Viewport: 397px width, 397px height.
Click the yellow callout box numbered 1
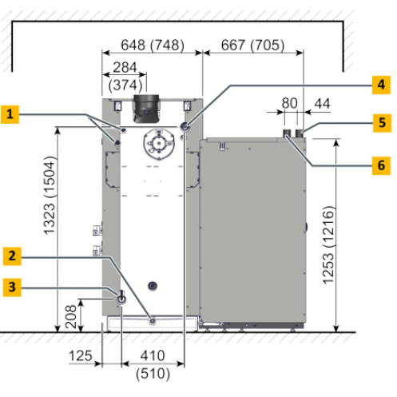pyautogui.click(x=10, y=114)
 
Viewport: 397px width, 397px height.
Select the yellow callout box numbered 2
pyautogui.click(x=12, y=256)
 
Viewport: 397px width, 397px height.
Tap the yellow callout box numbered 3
pyautogui.click(x=12, y=288)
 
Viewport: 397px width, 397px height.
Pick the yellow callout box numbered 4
pyautogui.click(x=381, y=85)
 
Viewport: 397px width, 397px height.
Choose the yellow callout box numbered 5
pyautogui.click(x=382, y=123)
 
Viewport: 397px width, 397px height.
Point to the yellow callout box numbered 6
pyautogui.click(x=381, y=165)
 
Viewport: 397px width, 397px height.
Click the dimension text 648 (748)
pyautogui.click(x=153, y=45)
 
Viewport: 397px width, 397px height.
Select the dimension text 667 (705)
pyautogui.click(x=252, y=45)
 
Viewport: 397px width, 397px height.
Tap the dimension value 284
pyautogui.click(x=125, y=67)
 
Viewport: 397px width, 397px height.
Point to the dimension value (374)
pyautogui.click(x=125, y=85)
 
